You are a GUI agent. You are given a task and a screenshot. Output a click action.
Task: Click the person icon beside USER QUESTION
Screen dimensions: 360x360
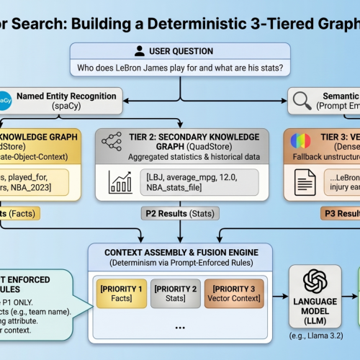click(x=140, y=51)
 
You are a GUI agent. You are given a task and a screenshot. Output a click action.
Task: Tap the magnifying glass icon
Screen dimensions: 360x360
click(x=302, y=99)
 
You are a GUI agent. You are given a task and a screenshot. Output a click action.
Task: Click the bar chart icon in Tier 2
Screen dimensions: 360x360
click(x=119, y=181)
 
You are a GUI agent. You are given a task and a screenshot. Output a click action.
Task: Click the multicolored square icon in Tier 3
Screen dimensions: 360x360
click(x=297, y=141)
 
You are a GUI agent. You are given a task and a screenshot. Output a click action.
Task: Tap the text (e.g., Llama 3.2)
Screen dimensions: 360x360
click(x=316, y=336)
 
